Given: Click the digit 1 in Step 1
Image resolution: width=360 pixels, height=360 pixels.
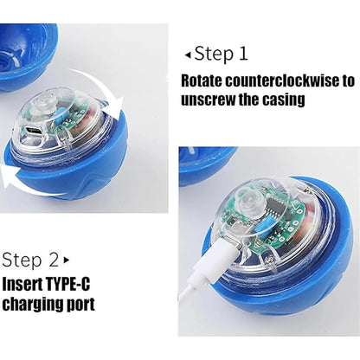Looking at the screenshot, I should pyautogui.click(x=243, y=54).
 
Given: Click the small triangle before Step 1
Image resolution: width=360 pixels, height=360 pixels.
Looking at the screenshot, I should pyautogui.click(x=186, y=55).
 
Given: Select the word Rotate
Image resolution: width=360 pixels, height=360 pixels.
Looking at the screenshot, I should pyautogui.click(x=206, y=81).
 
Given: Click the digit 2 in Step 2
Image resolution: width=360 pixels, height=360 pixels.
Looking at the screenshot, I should pyautogui.click(x=54, y=259).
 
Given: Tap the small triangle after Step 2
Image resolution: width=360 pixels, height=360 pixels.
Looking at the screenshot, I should pyautogui.click(x=67, y=260).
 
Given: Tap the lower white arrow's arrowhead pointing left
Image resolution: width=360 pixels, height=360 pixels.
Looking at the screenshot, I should pyautogui.click(x=10, y=183).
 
